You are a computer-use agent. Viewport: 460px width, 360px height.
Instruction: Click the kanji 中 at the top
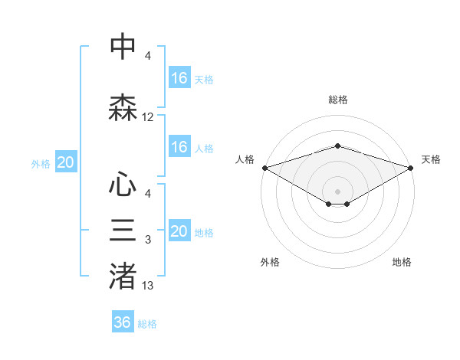(123, 47)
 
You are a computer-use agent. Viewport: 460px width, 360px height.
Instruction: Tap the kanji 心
(123, 185)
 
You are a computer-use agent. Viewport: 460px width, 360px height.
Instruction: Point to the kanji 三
(123, 231)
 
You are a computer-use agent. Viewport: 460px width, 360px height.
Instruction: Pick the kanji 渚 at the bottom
(123, 277)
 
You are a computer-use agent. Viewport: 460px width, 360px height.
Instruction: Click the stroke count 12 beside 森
(148, 117)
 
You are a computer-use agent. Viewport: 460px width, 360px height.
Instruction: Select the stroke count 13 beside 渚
(148, 286)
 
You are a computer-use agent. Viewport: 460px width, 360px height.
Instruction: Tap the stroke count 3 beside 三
(148, 240)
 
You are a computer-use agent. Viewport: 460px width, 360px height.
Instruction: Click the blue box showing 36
(122, 322)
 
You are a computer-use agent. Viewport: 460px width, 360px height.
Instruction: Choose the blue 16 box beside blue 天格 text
(179, 78)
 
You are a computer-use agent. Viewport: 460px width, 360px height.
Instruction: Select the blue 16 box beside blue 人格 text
(179, 147)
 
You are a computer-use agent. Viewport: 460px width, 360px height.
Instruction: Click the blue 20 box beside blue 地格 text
(179, 231)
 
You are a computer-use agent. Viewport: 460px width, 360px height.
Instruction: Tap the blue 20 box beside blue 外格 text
(65, 162)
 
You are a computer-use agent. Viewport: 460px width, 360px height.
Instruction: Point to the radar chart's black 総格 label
(337, 100)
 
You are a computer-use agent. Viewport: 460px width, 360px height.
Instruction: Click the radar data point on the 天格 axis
(411, 168)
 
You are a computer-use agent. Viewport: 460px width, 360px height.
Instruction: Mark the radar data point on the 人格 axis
(264, 168)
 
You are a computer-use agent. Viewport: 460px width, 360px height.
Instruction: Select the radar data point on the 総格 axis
(337, 146)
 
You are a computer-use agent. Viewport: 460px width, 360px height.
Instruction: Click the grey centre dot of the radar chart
(337, 190)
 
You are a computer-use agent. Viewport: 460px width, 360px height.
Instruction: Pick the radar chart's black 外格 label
(270, 262)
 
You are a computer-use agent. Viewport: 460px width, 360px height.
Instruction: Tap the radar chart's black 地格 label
(402, 262)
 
